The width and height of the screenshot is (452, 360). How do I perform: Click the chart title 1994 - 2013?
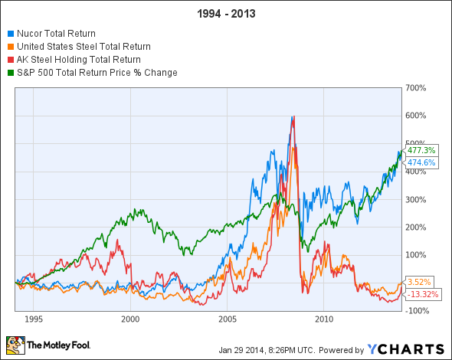point(225,14)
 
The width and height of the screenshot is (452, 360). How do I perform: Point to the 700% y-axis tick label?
point(416,88)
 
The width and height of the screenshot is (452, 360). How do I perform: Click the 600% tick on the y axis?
point(416,116)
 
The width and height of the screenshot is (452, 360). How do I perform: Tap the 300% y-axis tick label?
point(416,199)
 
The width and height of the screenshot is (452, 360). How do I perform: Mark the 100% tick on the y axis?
point(416,255)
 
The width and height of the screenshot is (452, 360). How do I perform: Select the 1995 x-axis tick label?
point(34,317)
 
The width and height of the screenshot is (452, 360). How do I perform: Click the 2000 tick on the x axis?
point(130,317)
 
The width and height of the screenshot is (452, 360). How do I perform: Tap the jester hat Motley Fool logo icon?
point(15,345)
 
